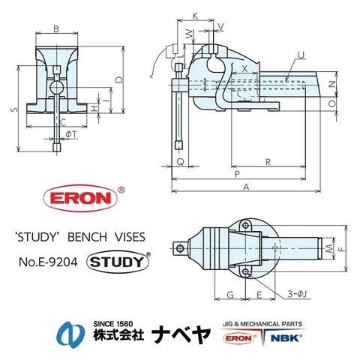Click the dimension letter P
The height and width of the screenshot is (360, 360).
tap(237, 174)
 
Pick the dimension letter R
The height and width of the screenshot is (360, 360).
tap(268, 162)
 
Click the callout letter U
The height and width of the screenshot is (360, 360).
tap(301, 54)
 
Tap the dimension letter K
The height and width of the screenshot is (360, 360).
tap(195, 15)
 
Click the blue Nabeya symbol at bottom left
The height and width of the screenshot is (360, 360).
tap(68, 334)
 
